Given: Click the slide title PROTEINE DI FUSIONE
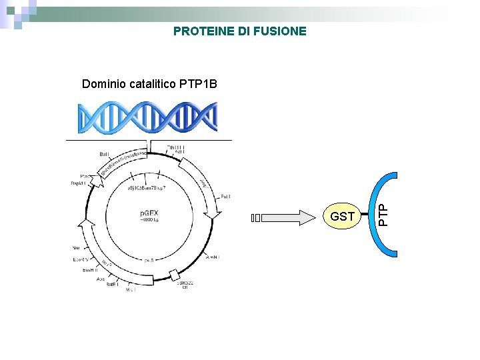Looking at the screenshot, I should [240, 31].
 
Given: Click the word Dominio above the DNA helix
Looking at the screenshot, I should [104, 84].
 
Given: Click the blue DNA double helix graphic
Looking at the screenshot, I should [148, 119].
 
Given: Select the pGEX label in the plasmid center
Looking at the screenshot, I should [149, 213].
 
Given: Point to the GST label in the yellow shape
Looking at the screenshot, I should [342, 217].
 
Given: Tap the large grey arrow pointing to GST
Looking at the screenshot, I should [297, 217].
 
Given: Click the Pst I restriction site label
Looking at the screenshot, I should [226, 197].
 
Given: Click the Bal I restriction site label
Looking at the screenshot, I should [105, 154].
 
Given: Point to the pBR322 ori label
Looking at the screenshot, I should [185, 284].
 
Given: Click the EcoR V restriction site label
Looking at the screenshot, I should [81, 258].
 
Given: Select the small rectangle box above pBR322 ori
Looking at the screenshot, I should [175, 275].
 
